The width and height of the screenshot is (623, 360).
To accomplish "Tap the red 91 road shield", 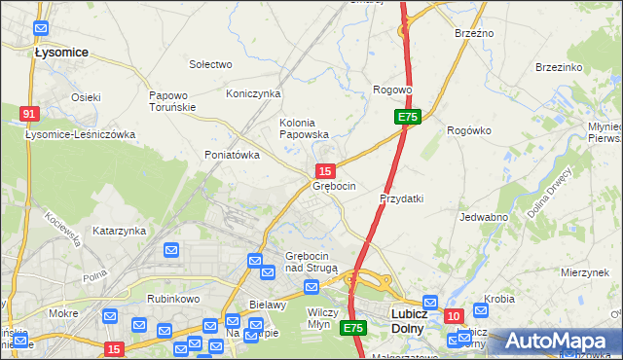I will (29, 115).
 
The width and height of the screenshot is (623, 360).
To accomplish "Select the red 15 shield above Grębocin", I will (328, 171).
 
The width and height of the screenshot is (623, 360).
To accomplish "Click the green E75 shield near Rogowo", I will (408, 117).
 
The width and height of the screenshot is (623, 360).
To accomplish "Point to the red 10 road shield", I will (453, 316).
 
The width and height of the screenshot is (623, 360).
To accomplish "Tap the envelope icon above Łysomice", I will (40, 30).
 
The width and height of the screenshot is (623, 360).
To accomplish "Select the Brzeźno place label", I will (474, 33).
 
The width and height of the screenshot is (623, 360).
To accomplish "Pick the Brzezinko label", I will (559, 67).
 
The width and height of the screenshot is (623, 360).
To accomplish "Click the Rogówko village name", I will (468, 129).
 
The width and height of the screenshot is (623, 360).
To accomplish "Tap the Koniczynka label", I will (253, 93).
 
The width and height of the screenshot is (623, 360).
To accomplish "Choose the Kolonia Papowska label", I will (305, 128).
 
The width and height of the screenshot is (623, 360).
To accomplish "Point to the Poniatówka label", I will (232, 155).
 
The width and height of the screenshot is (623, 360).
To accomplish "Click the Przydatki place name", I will (401, 198).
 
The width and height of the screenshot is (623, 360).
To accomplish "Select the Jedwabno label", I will (484, 218).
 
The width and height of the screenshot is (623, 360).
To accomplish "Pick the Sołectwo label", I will (210, 64).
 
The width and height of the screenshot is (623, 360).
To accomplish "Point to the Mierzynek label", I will (585, 273).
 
